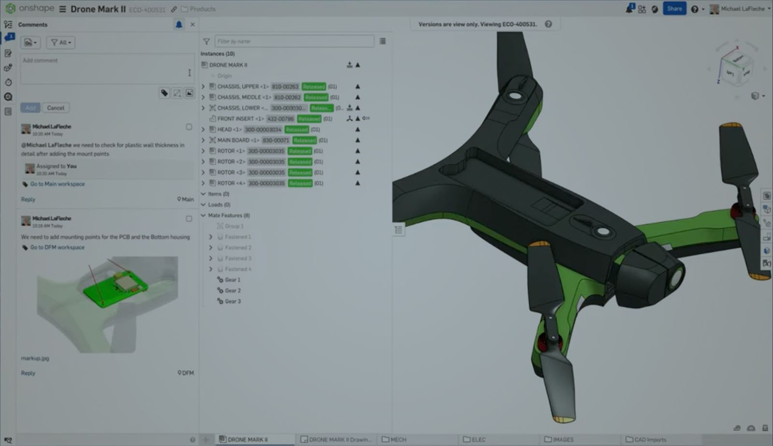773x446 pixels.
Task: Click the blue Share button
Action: [x=674, y=9]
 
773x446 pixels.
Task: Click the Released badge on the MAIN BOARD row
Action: [x=304, y=140]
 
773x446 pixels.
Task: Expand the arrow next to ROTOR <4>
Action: [x=203, y=183]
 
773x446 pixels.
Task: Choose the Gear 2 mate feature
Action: [x=232, y=290]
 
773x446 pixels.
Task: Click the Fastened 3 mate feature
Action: [x=238, y=258]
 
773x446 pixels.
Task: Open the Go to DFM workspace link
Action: [x=57, y=247]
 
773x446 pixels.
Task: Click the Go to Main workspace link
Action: [x=57, y=184]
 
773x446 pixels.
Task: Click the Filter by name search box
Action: [x=294, y=41]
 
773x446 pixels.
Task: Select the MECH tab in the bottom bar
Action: [x=398, y=439]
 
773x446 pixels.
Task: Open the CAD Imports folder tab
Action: [x=649, y=439]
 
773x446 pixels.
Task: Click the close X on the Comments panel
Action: [x=193, y=24]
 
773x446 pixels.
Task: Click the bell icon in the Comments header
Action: [x=179, y=24]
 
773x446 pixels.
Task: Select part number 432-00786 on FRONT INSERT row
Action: [x=281, y=118]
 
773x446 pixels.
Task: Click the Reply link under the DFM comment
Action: [x=28, y=373]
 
